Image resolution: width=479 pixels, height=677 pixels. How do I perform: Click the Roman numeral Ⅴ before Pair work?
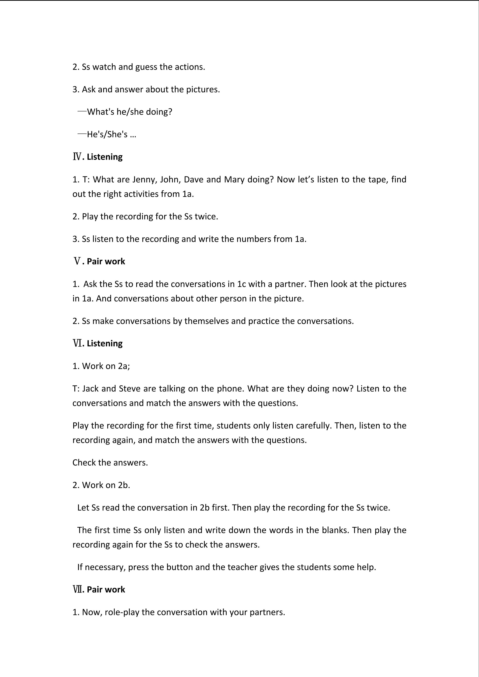77,262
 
